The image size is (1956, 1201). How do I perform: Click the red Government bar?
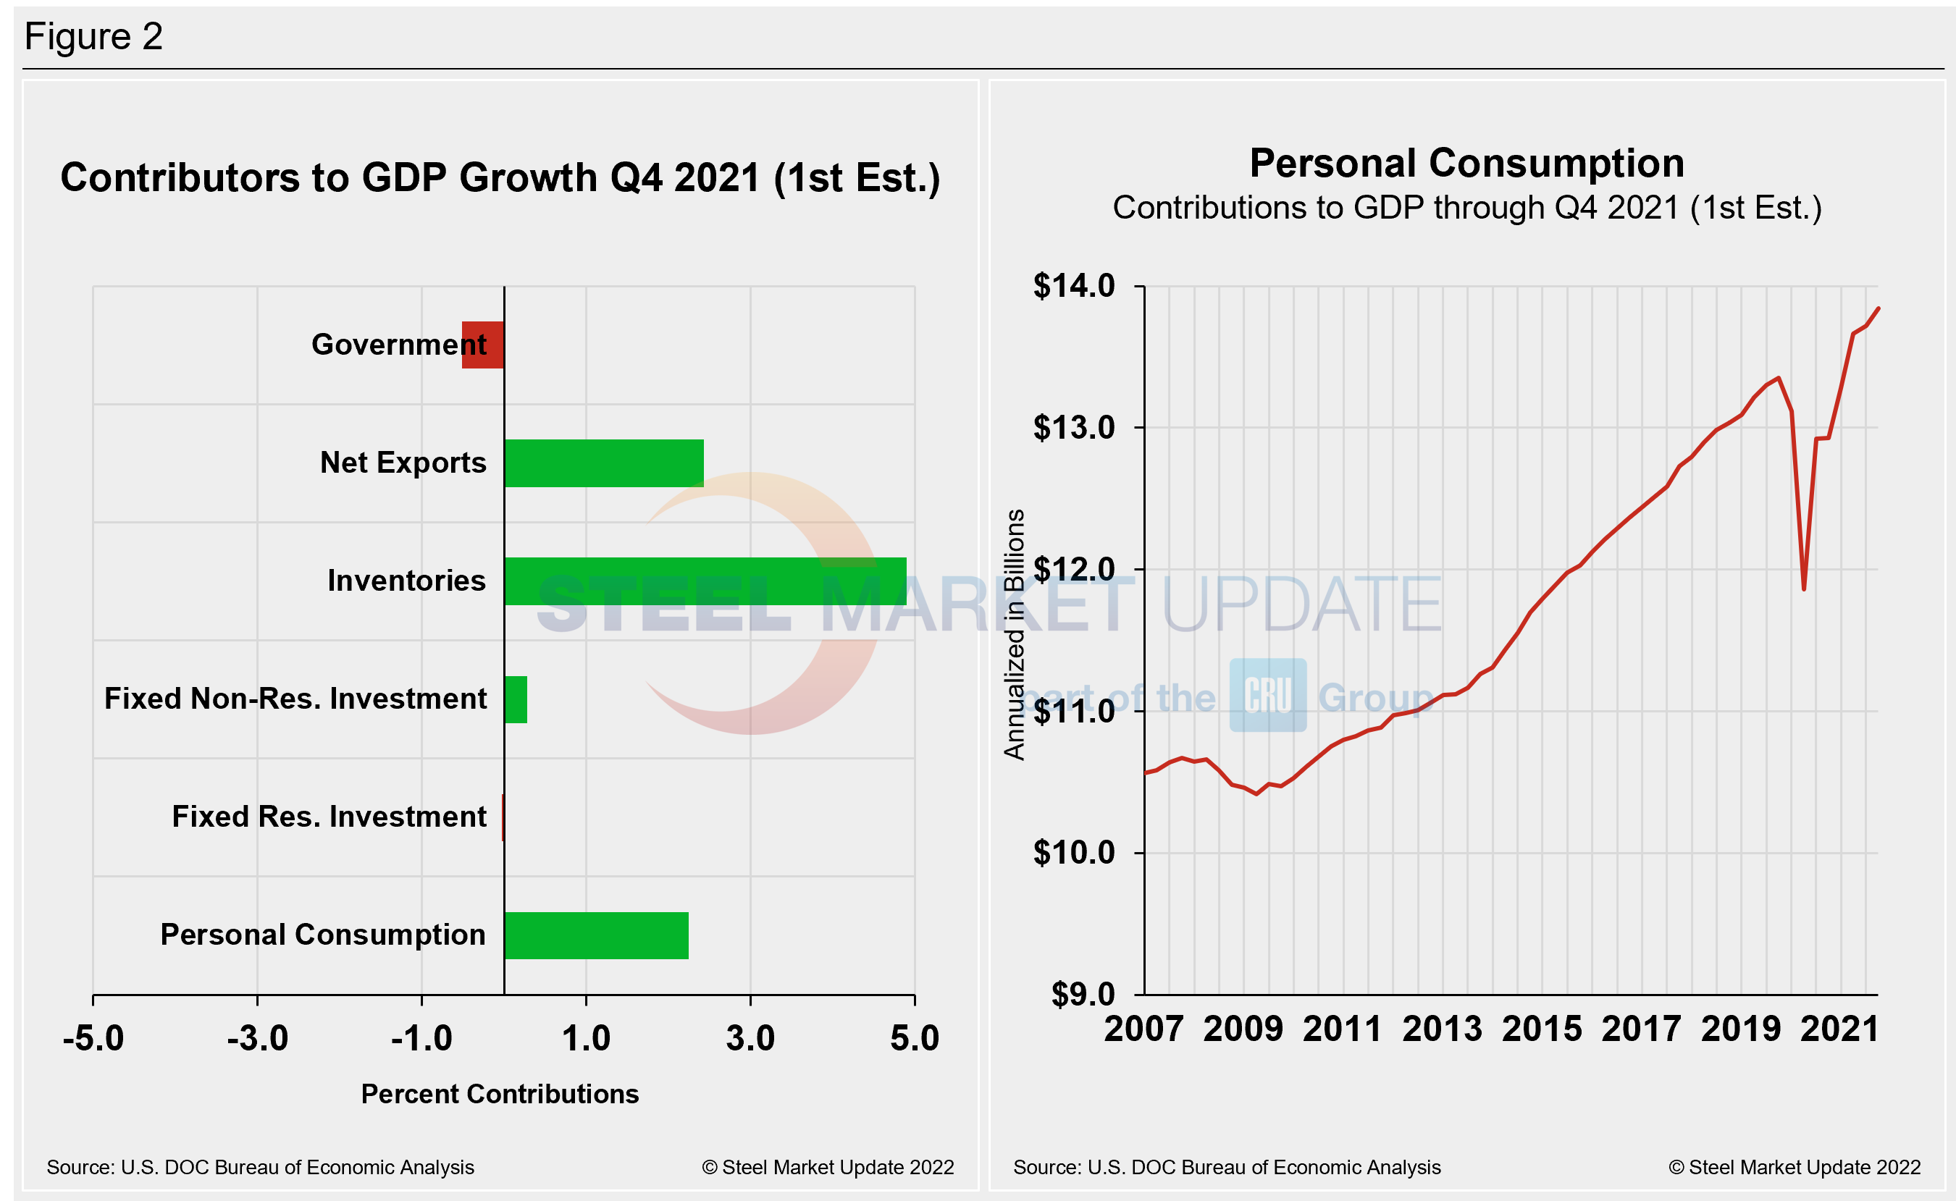(x=483, y=345)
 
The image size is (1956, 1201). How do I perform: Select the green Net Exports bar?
(x=604, y=463)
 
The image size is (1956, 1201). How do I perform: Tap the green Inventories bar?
(x=705, y=581)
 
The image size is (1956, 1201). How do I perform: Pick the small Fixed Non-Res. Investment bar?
(x=516, y=700)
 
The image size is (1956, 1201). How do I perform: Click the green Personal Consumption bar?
(x=597, y=936)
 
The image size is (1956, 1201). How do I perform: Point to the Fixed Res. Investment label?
(x=329, y=817)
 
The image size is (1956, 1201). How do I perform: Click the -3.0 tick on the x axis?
(x=257, y=1038)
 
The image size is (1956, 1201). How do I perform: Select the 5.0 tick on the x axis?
(x=915, y=1038)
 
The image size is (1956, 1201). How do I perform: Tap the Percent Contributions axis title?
(x=500, y=1094)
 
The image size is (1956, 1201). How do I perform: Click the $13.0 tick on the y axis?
(x=1074, y=428)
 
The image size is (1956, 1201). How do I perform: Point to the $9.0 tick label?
(x=1083, y=995)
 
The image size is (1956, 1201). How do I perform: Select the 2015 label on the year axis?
(x=1542, y=1029)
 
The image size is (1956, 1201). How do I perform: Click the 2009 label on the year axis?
(x=1243, y=1029)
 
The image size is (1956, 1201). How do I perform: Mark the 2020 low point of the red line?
(x=1804, y=589)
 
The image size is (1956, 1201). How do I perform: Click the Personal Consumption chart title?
(x=1466, y=164)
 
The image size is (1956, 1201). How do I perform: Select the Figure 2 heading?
(x=93, y=36)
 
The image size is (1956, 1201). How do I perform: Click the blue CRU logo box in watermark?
(x=1268, y=695)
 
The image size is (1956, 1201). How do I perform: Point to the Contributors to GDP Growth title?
(x=500, y=178)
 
